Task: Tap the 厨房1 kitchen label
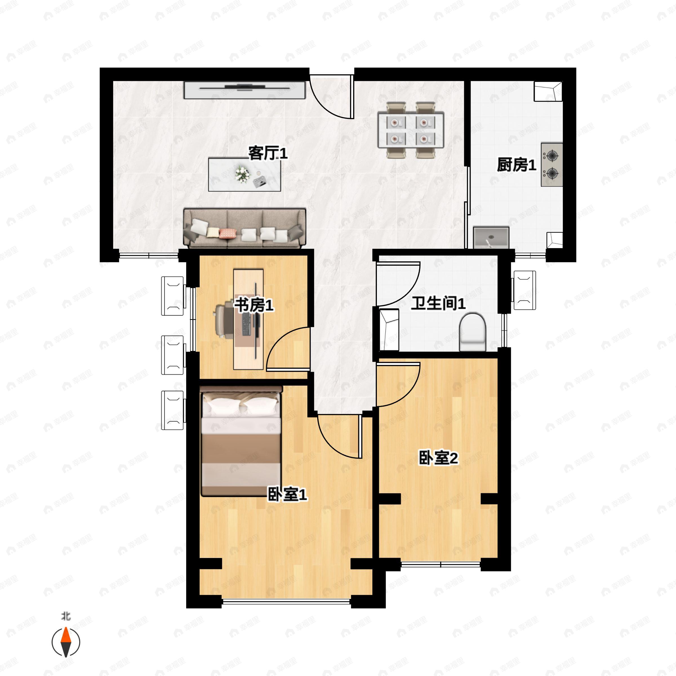pos(517,165)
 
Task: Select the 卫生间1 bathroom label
pos(438,303)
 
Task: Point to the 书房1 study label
pos(254,305)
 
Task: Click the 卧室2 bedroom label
pos(439,458)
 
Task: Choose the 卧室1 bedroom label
pos(287,494)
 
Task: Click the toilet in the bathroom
pos(472,332)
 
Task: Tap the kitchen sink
pos(491,237)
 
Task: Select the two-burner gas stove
pos(552,164)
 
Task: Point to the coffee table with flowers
pos(244,175)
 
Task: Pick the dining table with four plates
pos(411,130)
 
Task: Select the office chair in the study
pos(224,321)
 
